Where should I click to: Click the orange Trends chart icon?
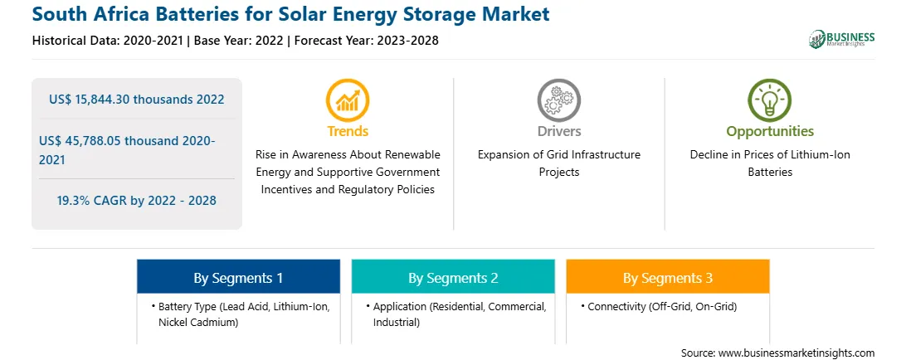point(348,100)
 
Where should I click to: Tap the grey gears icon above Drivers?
point(558,100)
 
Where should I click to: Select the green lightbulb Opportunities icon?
point(770,100)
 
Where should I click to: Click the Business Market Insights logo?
point(842,39)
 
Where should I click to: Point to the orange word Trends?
point(348,131)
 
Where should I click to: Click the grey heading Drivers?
point(558,131)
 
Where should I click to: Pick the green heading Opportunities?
point(770,132)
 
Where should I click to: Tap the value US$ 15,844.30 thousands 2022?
point(136,100)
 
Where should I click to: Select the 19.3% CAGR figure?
point(136,201)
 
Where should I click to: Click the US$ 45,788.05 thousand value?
point(127,149)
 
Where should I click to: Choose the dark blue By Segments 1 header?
point(238,278)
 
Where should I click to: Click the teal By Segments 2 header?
point(453,278)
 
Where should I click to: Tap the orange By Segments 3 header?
point(667,278)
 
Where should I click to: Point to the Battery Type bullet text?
point(241,314)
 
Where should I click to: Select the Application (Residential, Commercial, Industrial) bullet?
point(456,314)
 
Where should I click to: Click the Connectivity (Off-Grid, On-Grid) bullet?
point(659,307)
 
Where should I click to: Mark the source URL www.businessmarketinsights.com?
point(796,353)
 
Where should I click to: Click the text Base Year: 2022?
point(239,41)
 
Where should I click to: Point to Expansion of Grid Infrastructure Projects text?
point(558,163)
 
